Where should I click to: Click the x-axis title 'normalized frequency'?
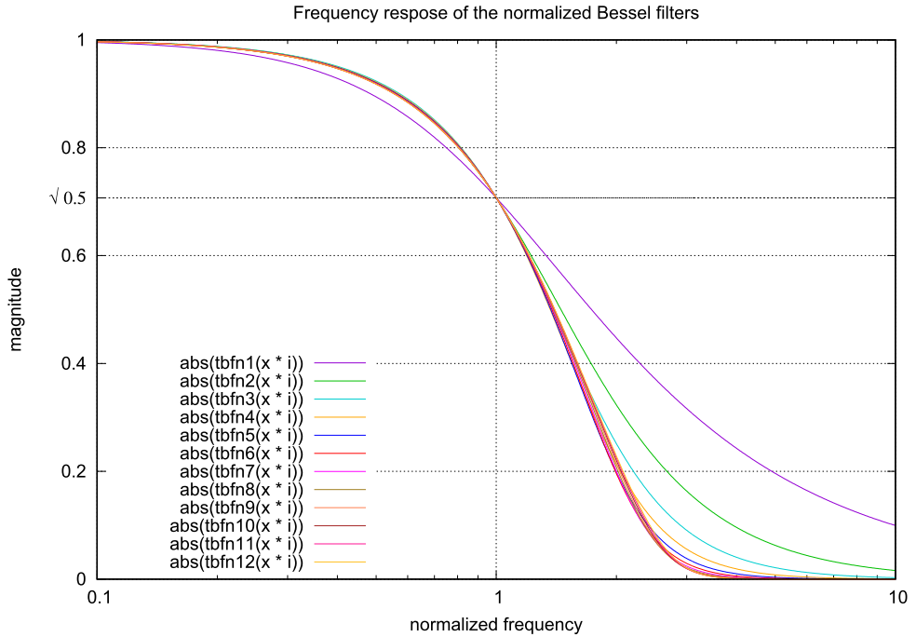point(496,624)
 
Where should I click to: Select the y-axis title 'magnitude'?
point(16,309)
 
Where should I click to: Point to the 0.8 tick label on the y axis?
point(73,147)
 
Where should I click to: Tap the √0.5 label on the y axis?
point(67,197)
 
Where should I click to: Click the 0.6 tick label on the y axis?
point(73,255)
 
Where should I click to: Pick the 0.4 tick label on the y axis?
point(73,363)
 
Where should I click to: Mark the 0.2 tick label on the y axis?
point(73,471)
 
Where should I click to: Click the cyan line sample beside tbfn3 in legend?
point(340,399)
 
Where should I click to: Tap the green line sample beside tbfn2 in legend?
point(340,381)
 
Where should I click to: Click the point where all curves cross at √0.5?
point(497,197)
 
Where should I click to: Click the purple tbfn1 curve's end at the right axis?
point(895,525)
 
